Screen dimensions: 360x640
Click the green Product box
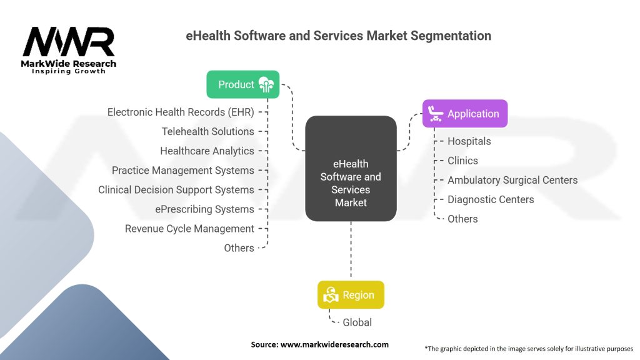243,84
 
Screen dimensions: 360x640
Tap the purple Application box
465,114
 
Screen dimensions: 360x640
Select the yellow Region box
350,295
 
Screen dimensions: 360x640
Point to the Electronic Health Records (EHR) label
181,112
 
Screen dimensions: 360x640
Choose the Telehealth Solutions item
208,132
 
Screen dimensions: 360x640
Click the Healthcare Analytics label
207,151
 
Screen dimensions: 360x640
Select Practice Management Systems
183,171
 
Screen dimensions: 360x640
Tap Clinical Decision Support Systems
176,190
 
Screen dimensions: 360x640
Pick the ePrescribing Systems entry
204,209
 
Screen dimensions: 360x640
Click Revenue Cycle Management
189,229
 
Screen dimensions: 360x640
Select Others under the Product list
239,248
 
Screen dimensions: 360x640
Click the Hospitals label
469,141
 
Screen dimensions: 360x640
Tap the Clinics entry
462,161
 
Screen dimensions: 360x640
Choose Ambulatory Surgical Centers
512,180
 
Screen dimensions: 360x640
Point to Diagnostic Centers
491,199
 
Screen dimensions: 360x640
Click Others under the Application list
462,219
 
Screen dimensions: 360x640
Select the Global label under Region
357,322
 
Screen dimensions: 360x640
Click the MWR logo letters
69,42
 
